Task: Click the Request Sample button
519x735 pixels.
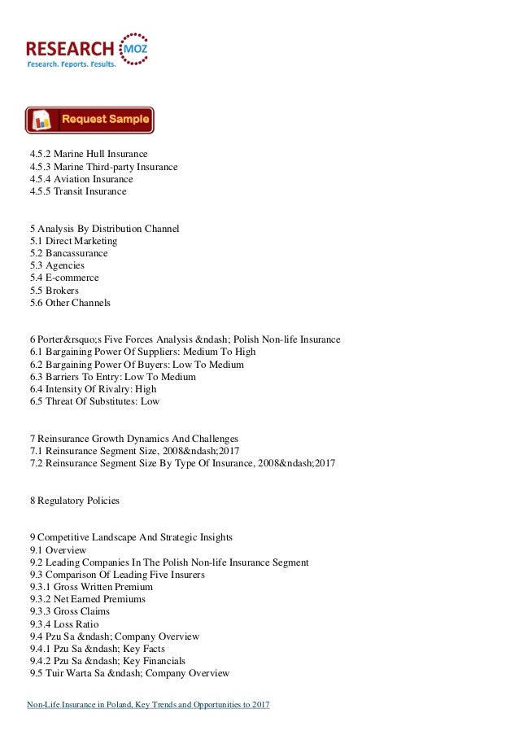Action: coord(89,120)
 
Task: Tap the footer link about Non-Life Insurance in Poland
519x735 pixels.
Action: coord(147,704)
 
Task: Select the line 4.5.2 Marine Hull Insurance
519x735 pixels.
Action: coord(89,155)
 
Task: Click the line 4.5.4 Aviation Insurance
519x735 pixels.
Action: coord(81,179)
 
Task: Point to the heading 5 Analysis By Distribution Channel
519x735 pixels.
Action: coord(104,229)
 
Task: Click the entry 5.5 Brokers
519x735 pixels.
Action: coord(56,291)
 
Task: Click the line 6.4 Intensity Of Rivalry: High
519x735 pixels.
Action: coord(94,389)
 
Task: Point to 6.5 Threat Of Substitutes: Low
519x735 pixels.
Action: coord(95,401)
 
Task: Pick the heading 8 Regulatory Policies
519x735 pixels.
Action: coord(75,501)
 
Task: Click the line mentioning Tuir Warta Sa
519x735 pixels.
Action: coord(130,673)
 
